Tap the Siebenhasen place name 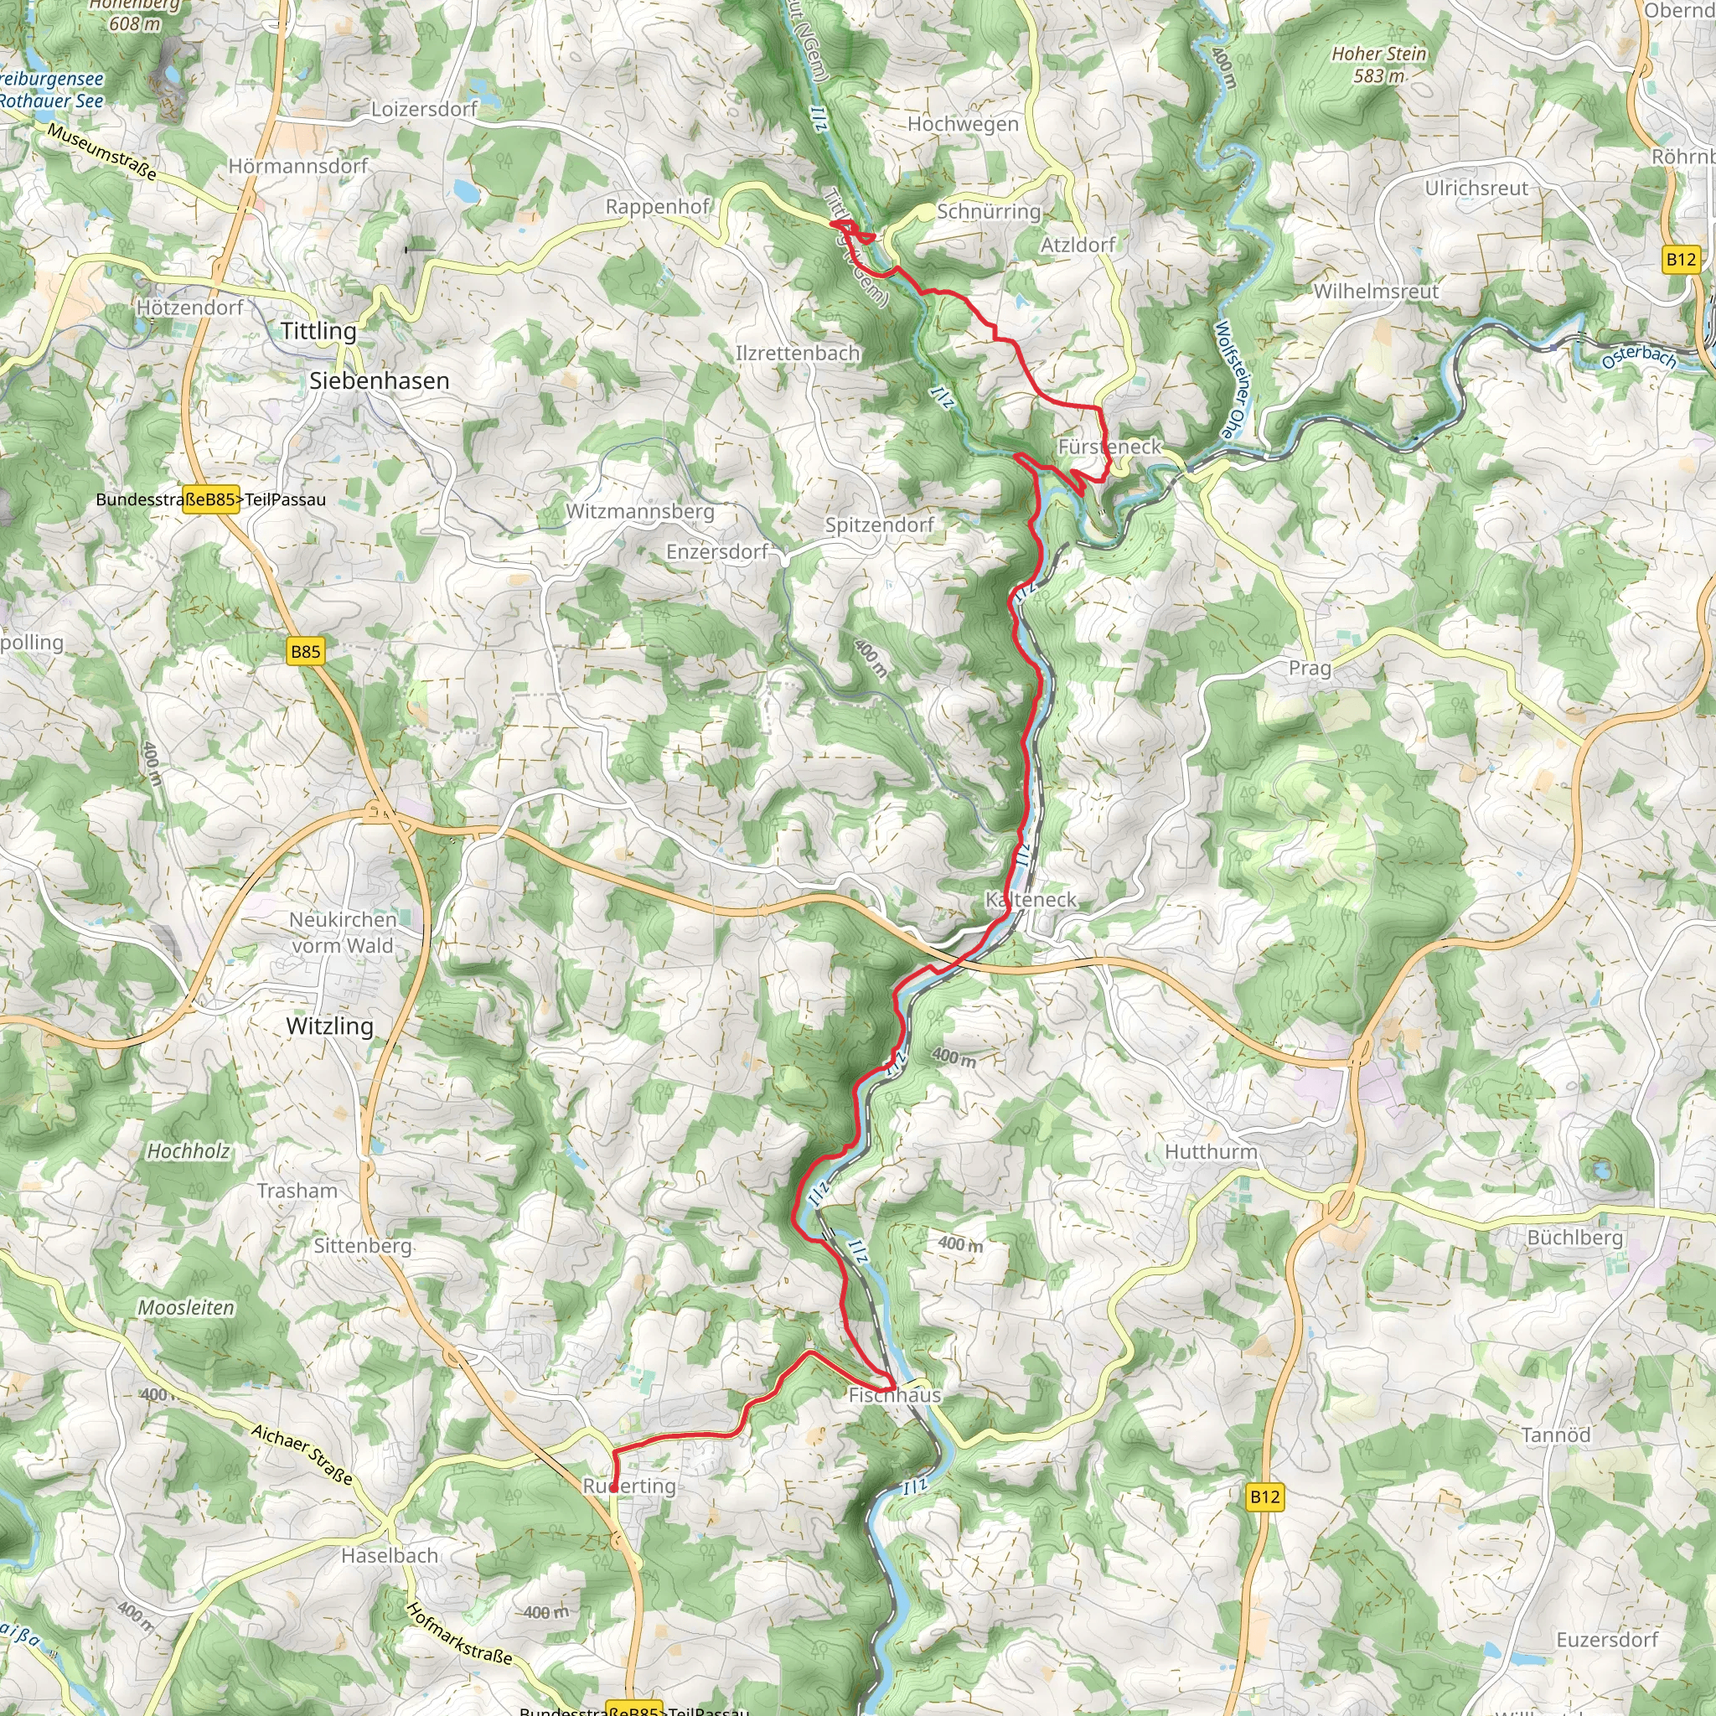380,381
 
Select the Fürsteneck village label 1109,447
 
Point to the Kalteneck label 1031,900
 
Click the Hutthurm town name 1211,1152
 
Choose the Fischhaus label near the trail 894,1395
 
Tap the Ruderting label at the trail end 629,1486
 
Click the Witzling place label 329,1026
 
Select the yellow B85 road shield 306,651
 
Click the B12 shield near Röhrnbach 1681,260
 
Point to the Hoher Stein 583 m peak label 1378,65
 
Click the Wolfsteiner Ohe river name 1231,380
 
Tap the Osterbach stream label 1639,357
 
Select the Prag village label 1310,669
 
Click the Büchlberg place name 1574,1238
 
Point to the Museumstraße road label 102,152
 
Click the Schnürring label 989,211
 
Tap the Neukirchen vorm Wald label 343,933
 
